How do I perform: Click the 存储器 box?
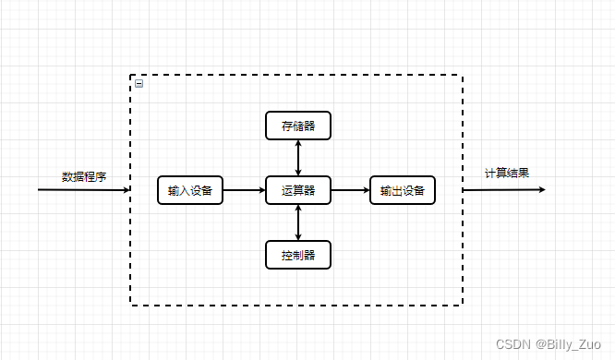pyautogui.click(x=297, y=126)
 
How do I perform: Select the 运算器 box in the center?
pyautogui.click(x=297, y=190)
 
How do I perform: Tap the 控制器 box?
pyautogui.click(x=297, y=255)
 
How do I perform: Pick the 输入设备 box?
pyautogui.click(x=190, y=190)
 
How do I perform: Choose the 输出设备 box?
pyautogui.click(x=402, y=190)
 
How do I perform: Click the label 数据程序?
pyautogui.click(x=84, y=176)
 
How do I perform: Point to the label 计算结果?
pyautogui.click(x=507, y=173)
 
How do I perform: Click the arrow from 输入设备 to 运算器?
pyautogui.click(x=244, y=190)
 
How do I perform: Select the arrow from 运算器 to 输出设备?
pyautogui.click(x=349, y=190)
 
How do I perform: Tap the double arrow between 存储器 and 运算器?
pyautogui.click(x=297, y=158)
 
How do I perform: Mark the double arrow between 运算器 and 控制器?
pyautogui.click(x=297, y=222)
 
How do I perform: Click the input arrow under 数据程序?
pyautogui.click(x=83, y=190)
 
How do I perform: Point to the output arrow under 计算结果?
pyautogui.click(x=503, y=190)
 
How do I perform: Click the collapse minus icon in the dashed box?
pyautogui.click(x=139, y=83)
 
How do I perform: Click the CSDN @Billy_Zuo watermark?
pyautogui.click(x=549, y=343)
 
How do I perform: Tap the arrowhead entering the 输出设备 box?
pyautogui.click(x=365, y=190)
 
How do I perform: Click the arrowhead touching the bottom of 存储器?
pyautogui.click(x=297, y=144)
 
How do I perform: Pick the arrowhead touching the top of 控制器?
pyautogui.click(x=297, y=236)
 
